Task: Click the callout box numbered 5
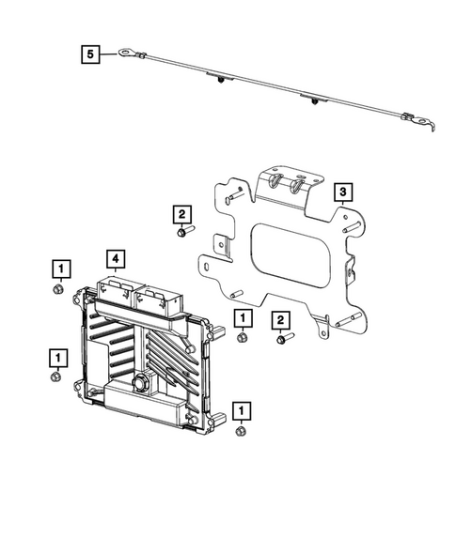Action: [89, 55]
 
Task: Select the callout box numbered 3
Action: [344, 193]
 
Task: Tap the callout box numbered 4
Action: [115, 256]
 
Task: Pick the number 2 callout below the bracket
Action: [280, 320]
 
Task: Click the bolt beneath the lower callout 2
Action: [283, 338]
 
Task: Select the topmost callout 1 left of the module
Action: [59, 270]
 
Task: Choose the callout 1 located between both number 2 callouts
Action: [241, 318]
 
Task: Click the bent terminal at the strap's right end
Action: [419, 119]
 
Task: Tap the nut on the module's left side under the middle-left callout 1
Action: [56, 377]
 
